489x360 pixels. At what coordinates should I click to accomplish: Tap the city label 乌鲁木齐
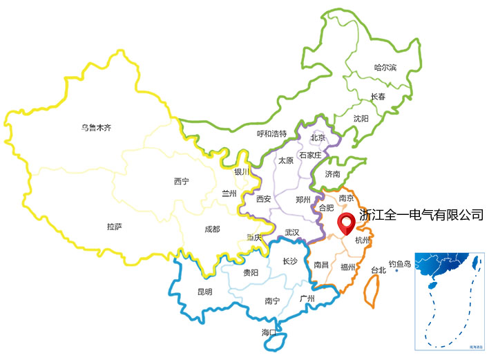(96, 127)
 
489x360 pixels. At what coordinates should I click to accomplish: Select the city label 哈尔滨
(385, 68)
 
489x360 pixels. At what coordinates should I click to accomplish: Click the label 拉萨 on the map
(115, 226)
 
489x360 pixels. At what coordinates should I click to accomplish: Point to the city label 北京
(318, 138)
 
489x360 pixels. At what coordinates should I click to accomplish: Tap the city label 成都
(212, 229)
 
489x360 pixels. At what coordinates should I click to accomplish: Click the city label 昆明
(205, 292)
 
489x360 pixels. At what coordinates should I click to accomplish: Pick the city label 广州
(307, 299)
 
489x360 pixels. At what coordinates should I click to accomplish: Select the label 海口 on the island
(269, 333)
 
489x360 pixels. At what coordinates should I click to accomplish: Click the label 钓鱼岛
(400, 263)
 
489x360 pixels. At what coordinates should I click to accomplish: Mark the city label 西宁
(182, 181)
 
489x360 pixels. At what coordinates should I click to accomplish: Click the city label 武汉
(292, 233)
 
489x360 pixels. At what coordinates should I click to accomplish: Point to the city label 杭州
(363, 240)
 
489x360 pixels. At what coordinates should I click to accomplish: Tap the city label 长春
(378, 97)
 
